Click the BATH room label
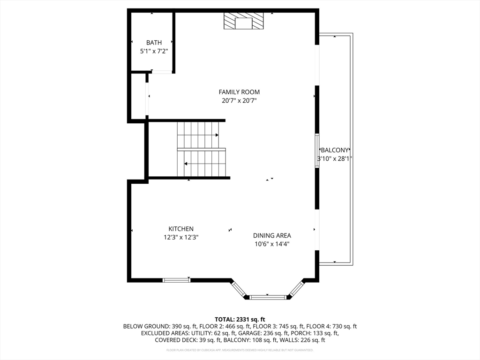click(154, 43)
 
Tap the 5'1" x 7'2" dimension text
click(154, 51)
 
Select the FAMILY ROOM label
click(239, 92)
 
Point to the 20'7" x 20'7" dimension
click(239, 100)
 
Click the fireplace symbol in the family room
click(243, 21)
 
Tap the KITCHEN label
click(181, 229)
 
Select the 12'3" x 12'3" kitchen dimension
click(181, 237)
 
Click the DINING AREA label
click(272, 235)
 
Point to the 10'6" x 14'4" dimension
click(272, 244)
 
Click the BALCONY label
click(334, 150)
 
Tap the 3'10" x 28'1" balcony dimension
click(334, 158)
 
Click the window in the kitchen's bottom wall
click(176, 280)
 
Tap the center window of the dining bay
click(268, 297)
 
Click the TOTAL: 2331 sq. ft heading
click(240, 320)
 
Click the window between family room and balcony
click(317, 150)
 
